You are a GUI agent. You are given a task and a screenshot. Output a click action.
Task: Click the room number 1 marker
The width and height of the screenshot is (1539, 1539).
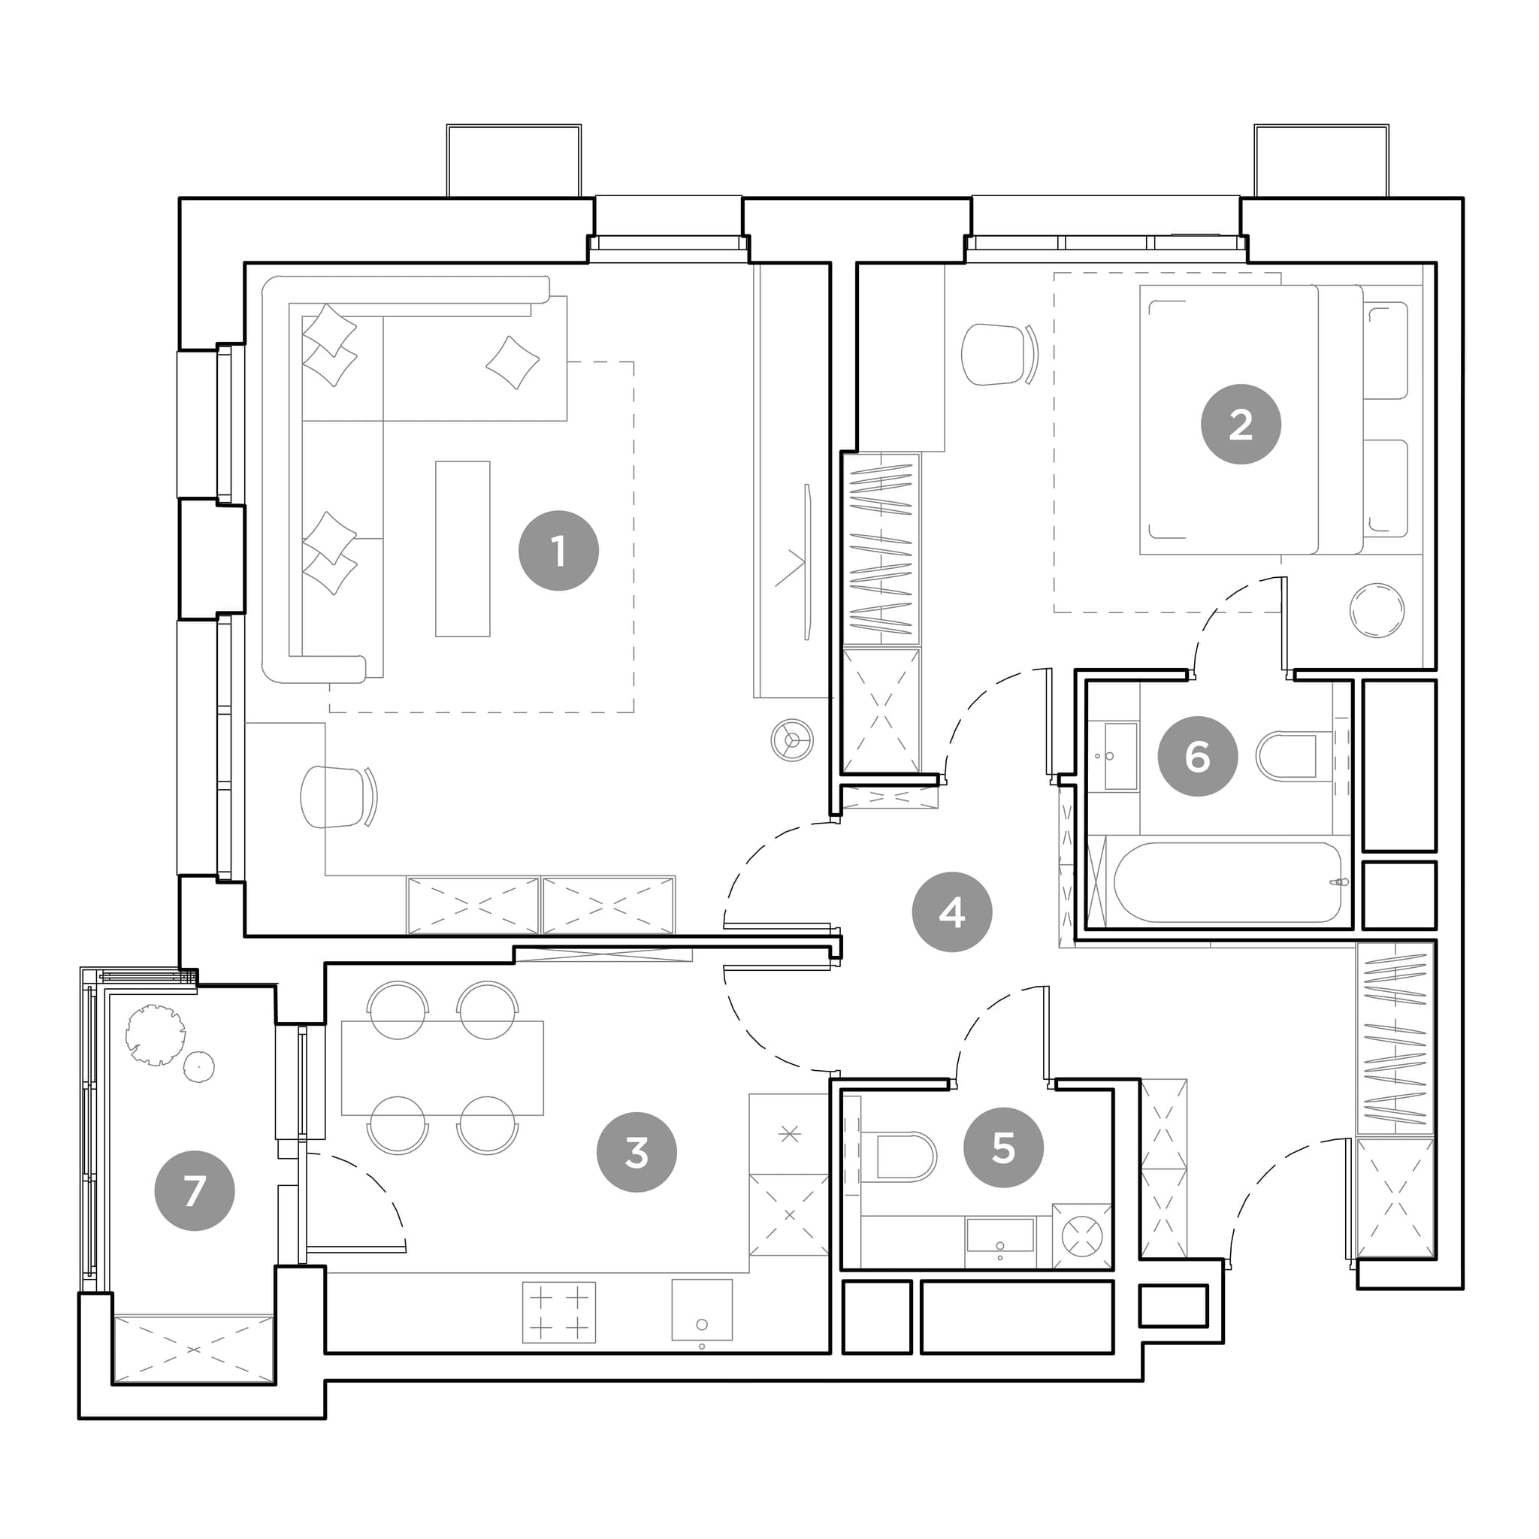(558, 550)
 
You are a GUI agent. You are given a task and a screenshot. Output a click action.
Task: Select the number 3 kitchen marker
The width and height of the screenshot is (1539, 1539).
(636, 1152)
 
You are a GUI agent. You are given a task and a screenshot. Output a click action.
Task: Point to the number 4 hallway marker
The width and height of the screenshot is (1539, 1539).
(952, 912)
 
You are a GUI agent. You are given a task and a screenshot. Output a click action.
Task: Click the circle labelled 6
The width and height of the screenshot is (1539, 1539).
(1197, 756)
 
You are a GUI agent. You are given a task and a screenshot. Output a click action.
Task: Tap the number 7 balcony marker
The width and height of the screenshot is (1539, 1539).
(195, 1191)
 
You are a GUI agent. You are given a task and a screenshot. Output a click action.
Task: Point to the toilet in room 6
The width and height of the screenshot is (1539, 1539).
(1286, 755)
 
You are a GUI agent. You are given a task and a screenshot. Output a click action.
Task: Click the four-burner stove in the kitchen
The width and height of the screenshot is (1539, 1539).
(558, 1312)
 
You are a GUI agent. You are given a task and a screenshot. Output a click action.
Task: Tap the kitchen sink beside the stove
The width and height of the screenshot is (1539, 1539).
(702, 1311)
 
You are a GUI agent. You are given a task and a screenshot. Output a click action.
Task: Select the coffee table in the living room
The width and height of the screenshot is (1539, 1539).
(462, 549)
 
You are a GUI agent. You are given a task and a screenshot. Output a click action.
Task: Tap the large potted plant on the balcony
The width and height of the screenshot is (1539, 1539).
(156, 1035)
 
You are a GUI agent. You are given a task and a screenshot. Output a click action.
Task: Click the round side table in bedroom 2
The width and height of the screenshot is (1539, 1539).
(1377, 610)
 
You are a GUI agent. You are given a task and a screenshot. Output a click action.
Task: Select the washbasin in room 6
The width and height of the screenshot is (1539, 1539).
(1120, 756)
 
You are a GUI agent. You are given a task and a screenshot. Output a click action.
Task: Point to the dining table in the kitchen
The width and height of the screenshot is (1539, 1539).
(442, 1067)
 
